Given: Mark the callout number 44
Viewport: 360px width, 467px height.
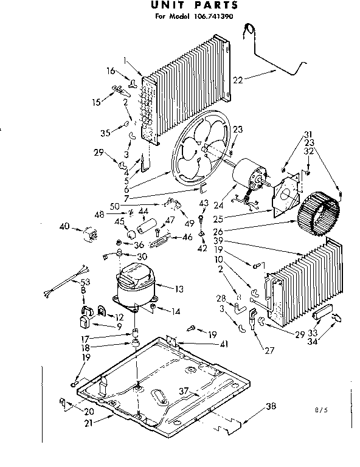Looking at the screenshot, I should [144, 210].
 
